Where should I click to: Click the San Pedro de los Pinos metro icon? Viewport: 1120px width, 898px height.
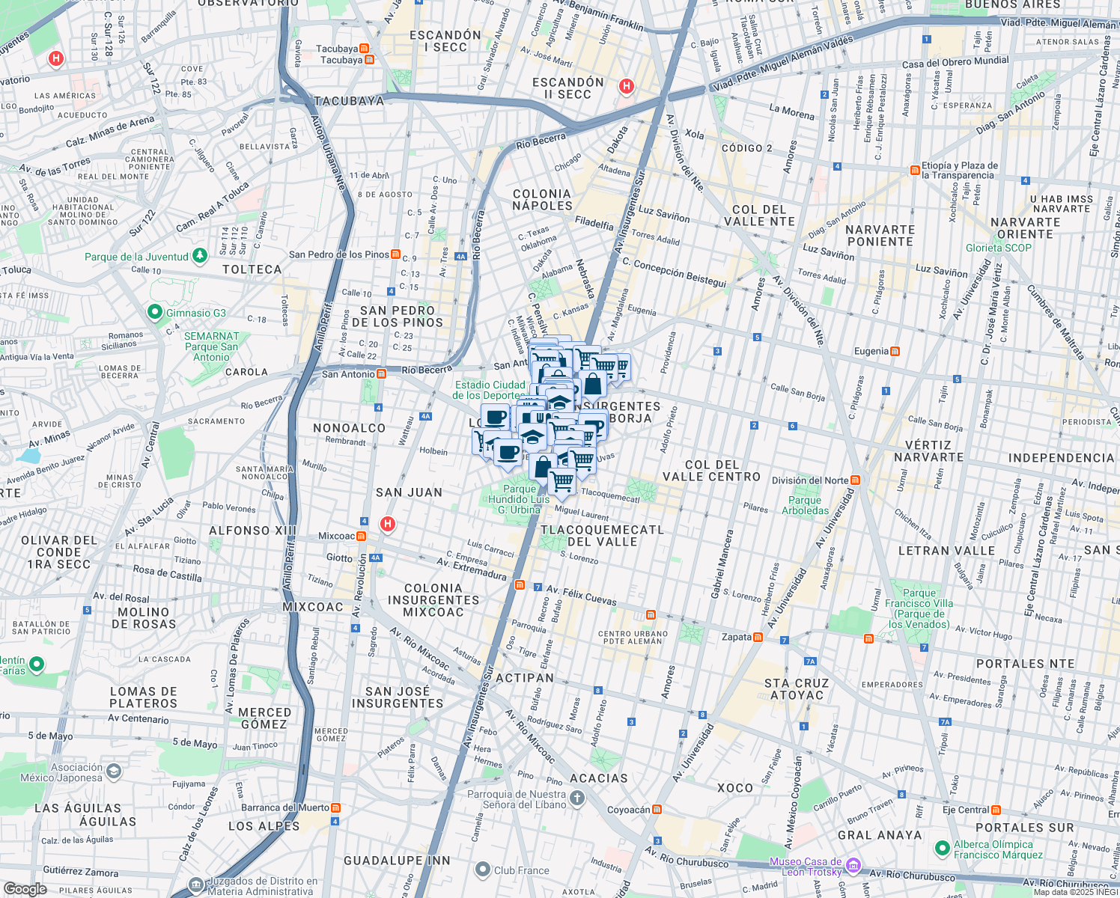(x=395, y=254)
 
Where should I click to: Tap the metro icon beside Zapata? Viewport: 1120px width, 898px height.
(x=758, y=637)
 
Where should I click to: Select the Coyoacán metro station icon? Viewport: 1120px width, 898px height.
(x=657, y=810)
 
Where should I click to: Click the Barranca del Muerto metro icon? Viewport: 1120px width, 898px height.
(x=335, y=807)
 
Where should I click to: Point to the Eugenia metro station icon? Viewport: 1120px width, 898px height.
(x=895, y=351)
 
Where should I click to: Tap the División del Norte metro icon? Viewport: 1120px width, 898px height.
(x=855, y=480)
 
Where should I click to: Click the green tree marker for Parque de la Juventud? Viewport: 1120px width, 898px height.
(x=199, y=256)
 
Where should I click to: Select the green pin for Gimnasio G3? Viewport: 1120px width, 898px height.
(x=155, y=312)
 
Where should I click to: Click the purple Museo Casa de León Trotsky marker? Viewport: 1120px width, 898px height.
(x=853, y=866)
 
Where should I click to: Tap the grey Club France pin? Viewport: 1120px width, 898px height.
(x=483, y=870)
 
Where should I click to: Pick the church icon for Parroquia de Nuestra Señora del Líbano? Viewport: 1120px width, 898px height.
(x=576, y=798)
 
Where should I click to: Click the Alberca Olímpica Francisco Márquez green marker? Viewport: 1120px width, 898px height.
(x=943, y=849)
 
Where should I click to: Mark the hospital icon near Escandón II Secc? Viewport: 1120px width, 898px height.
(x=627, y=87)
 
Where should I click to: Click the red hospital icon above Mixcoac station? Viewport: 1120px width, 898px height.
(x=387, y=524)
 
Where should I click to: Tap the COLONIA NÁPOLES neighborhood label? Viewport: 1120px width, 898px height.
(x=542, y=200)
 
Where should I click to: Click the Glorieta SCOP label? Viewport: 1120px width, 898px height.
(x=998, y=248)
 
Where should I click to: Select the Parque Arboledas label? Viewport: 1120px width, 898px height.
(x=805, y=505)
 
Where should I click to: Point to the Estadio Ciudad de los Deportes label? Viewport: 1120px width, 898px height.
(x=490, y=390)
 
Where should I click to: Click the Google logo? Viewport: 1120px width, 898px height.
(x=25, y=888)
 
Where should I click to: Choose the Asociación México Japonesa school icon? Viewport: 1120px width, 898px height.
(x=114, y=771)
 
